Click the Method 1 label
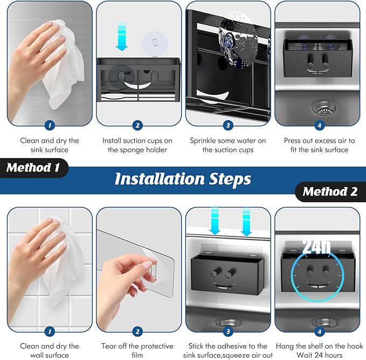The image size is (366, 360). [x=33, y=168]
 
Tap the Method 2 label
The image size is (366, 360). [x=330, y=191]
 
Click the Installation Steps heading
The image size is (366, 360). [x=183, y=179]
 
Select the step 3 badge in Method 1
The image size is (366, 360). [x=228, y=126]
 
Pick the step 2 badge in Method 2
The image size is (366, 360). [x=137, y=331]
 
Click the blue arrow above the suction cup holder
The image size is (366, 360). [x=122, y=37]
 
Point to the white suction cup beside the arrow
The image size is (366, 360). [x=155, y=44]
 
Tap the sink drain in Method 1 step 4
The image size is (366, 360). [x=324, y=108]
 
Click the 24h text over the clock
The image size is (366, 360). [x=316, y=246]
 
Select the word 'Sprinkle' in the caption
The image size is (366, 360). [x=202, y=141]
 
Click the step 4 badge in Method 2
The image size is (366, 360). [x=320, y=331]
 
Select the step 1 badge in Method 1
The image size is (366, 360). [x=50, y=126]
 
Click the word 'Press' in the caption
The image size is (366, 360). [x=292, y=141]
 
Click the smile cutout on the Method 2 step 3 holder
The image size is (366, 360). [x=222, y=286]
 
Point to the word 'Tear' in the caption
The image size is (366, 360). [x=108, y=346]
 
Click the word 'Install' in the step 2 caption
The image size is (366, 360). [x=112, y=141]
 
